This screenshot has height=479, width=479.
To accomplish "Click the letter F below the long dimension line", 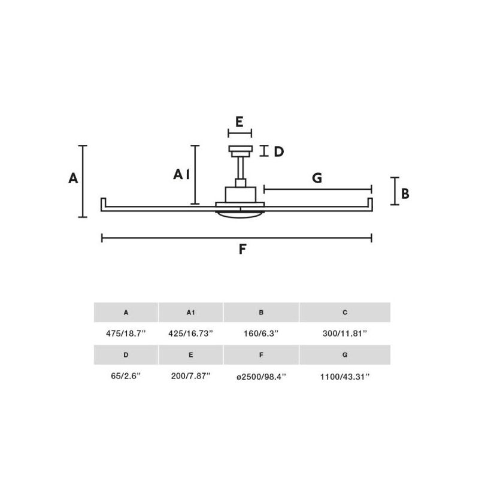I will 242,249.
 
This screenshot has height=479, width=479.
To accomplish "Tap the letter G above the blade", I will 317,178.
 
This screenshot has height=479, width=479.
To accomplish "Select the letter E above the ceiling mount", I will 239,122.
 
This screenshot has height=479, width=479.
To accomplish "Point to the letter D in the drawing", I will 278,151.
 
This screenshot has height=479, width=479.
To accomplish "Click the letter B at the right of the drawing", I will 405,193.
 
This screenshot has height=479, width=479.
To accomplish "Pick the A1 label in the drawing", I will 181,174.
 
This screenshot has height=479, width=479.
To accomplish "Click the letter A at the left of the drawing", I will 73,178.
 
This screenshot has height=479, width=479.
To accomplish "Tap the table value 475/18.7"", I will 126,333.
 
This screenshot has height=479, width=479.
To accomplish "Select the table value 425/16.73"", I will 191,333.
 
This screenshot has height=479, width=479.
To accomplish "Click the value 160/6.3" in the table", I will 261,333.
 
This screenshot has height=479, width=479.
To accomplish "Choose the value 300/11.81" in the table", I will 345,333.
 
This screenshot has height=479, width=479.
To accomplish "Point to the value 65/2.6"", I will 126,376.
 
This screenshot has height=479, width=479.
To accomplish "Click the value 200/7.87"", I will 191,376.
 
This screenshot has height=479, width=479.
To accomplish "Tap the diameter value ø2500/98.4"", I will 261,376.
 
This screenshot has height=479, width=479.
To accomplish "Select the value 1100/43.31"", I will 345,376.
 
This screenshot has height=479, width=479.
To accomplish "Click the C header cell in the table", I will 345,312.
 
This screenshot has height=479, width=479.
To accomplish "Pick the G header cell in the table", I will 345,354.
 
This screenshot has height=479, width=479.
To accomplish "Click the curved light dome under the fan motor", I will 239,214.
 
